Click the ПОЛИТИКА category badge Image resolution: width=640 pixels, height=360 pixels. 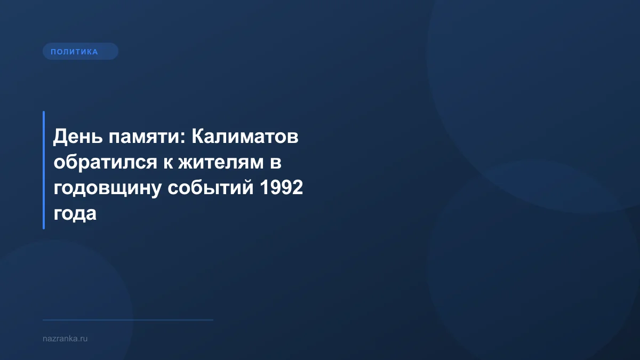click(x=80, y=52)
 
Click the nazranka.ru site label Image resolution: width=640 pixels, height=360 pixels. click(x=65, y=338)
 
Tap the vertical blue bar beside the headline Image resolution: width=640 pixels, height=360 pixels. click(x=44, y=170)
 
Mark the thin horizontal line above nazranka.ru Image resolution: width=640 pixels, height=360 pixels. click(x=128, y=320)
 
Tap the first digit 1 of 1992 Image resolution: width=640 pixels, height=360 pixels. click(x=262, y=188)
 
